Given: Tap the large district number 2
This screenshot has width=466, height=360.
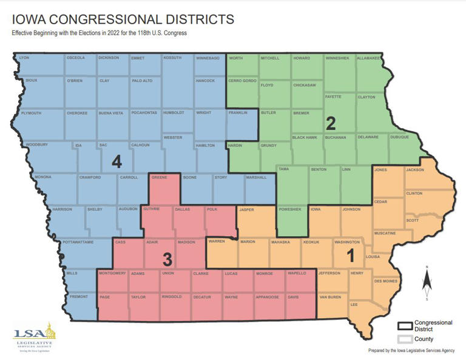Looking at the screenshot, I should [x=331, y=123].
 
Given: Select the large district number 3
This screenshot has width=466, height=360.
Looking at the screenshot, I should [x=167, y=260].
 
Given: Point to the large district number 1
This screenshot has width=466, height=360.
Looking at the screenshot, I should [x=350, y=256].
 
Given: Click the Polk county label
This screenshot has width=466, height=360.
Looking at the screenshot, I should [x=212, y=209].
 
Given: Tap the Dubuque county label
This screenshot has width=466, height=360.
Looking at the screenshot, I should [x=399, y=137].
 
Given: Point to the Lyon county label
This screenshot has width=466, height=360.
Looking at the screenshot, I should [x=24, y=58].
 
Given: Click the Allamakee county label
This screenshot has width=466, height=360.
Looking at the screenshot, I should [x=368, y=58].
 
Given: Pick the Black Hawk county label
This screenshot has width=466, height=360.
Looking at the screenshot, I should [x=305, y=137].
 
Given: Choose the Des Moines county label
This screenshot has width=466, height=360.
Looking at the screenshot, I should [x=385, y=281].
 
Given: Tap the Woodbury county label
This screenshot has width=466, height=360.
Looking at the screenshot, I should [x=36, y=145].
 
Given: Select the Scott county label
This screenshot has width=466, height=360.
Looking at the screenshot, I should [x=412, y=220].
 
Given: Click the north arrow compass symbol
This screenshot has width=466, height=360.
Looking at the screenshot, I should [x=427, y=283].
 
